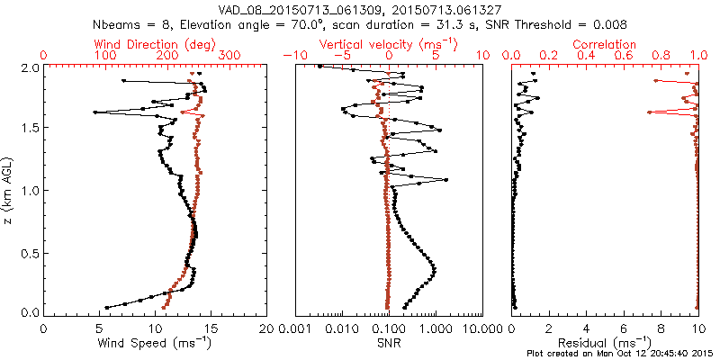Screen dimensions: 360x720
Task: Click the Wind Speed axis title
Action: click(156, 343)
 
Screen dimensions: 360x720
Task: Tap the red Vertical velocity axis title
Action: click(388, 44)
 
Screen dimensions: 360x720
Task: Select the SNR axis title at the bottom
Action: click(388, 342)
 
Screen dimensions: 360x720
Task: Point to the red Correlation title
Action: click(606, 44)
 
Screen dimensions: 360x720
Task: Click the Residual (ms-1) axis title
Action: click(606, 343)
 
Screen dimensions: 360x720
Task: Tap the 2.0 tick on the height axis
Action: click(30, 67)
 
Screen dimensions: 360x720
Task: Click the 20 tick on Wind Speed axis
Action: click(267, 328)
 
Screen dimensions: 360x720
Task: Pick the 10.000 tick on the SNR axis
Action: click(481, 328)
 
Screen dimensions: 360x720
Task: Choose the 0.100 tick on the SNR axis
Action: click(388, 328)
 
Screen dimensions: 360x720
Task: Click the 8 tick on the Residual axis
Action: click(661, 328)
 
